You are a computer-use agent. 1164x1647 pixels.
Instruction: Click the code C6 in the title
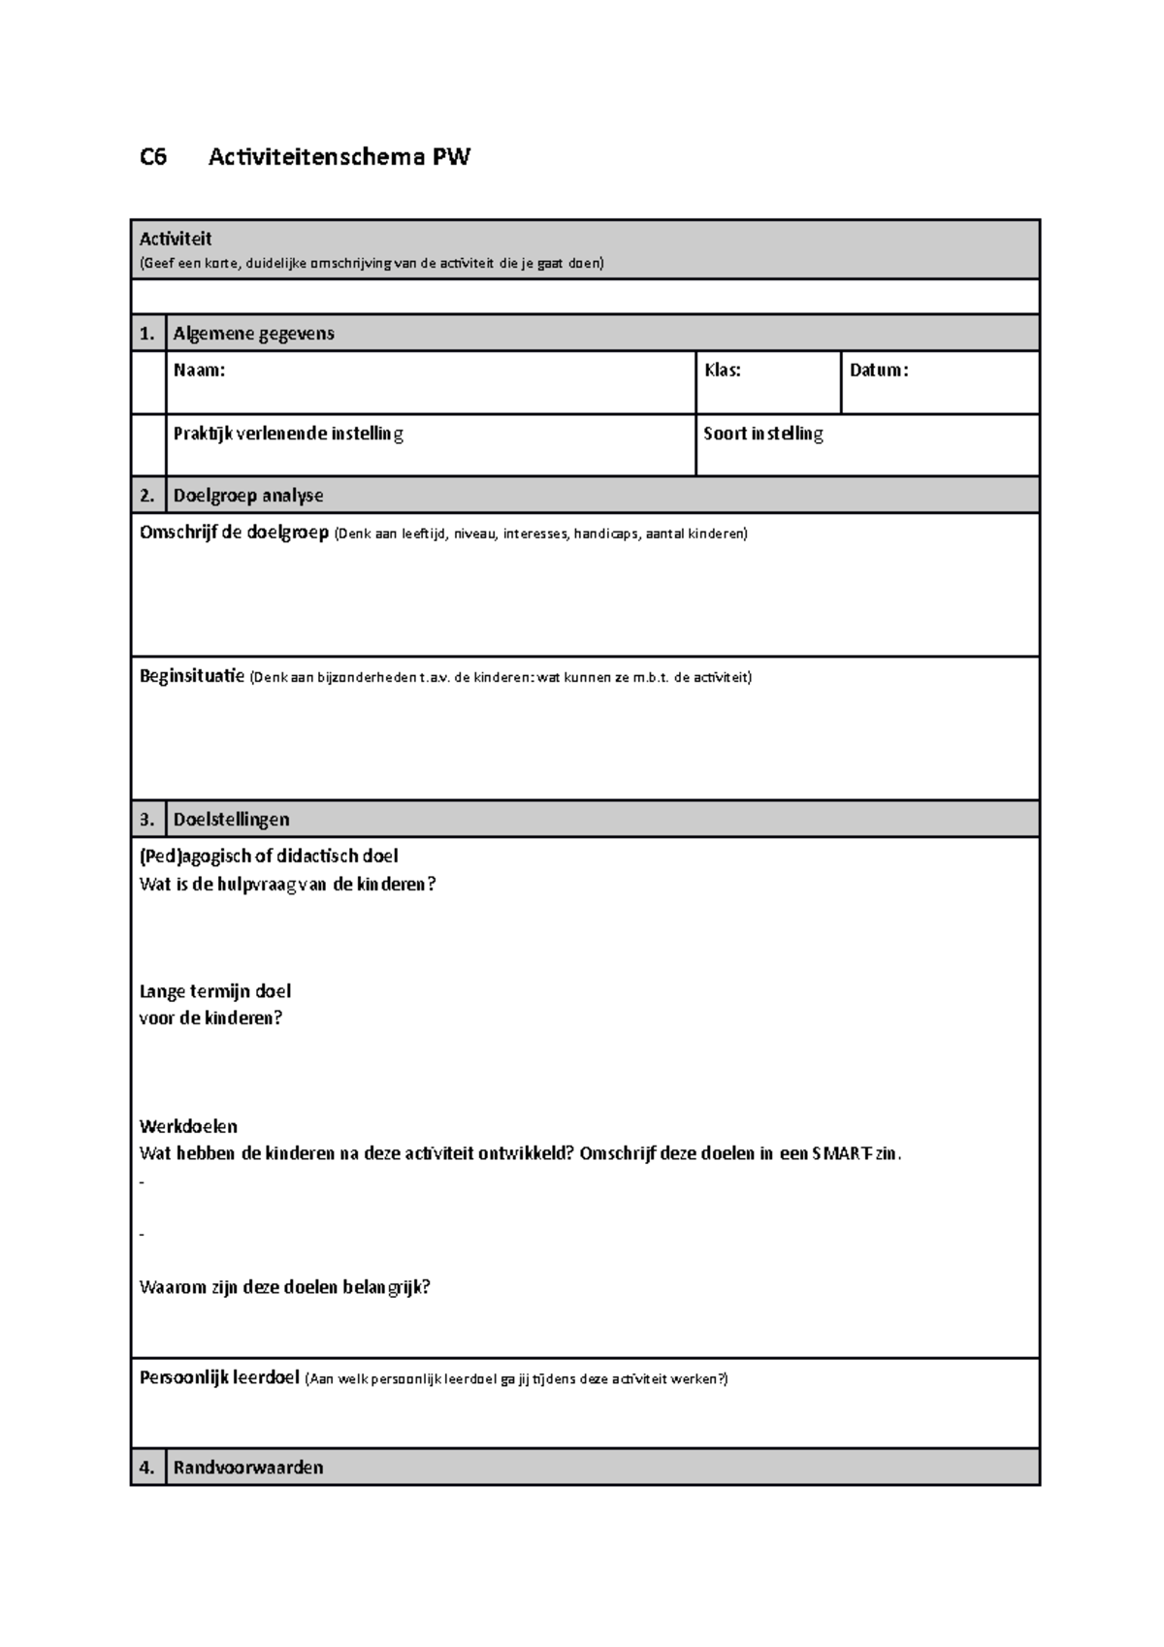click(x=153, y=157)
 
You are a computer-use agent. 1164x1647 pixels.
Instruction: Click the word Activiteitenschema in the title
click(x=317, y=157)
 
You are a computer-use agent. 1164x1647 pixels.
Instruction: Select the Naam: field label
click(x=199, y=370)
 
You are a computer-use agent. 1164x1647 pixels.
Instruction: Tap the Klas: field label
click(x=722, y=370)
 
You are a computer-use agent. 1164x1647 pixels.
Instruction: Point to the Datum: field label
click(x=878, y=370)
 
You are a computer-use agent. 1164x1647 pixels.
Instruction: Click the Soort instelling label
click(x=762, y=434)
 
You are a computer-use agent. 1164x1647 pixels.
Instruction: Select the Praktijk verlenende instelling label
click(x=288, y=434)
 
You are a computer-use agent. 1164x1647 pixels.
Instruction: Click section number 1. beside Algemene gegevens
click(x=147, y=334)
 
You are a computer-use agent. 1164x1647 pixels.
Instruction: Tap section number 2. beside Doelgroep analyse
click(x=147, y=496)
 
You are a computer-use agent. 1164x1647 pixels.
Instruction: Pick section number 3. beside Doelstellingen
click(x=147, y=820)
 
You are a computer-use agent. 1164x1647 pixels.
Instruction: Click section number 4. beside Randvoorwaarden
click(x=147, y=1468)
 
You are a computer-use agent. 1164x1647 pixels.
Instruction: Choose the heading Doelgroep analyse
click(x=248, y=496)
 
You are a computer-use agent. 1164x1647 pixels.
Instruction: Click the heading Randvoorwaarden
click(x=247, y=1468)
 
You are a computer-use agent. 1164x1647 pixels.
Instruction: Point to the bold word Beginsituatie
click(x=192, y=676)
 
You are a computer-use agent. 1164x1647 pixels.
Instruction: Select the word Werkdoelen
click(x=188, y=1126)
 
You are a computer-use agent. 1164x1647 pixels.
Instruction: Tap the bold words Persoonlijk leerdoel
click(x=219, y=1377)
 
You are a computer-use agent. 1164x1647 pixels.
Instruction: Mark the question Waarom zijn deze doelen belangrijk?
click(x=284, y=1287)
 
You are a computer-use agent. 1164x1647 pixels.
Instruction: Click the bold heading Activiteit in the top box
click(x=176, y=239)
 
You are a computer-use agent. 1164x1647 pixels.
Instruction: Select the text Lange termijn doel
click(x=215, y=991)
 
